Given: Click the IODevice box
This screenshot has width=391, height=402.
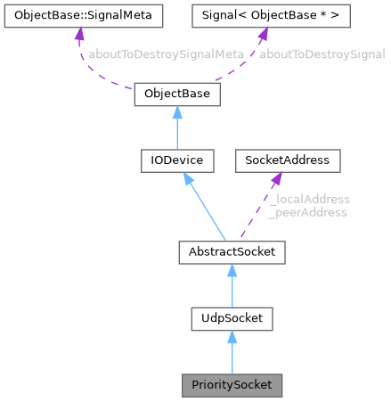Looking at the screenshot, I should tap(176, 161).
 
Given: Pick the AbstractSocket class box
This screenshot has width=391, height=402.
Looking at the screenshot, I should tap(232, 253).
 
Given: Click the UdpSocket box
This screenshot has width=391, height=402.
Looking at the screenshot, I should tap(232, 317).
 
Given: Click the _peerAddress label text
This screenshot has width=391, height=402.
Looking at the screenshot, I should tap(307, 213).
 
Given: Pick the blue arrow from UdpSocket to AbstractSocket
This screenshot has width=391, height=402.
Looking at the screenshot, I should tap(232, 285).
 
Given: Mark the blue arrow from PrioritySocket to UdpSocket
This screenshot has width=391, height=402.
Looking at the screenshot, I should tap(232, 351).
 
